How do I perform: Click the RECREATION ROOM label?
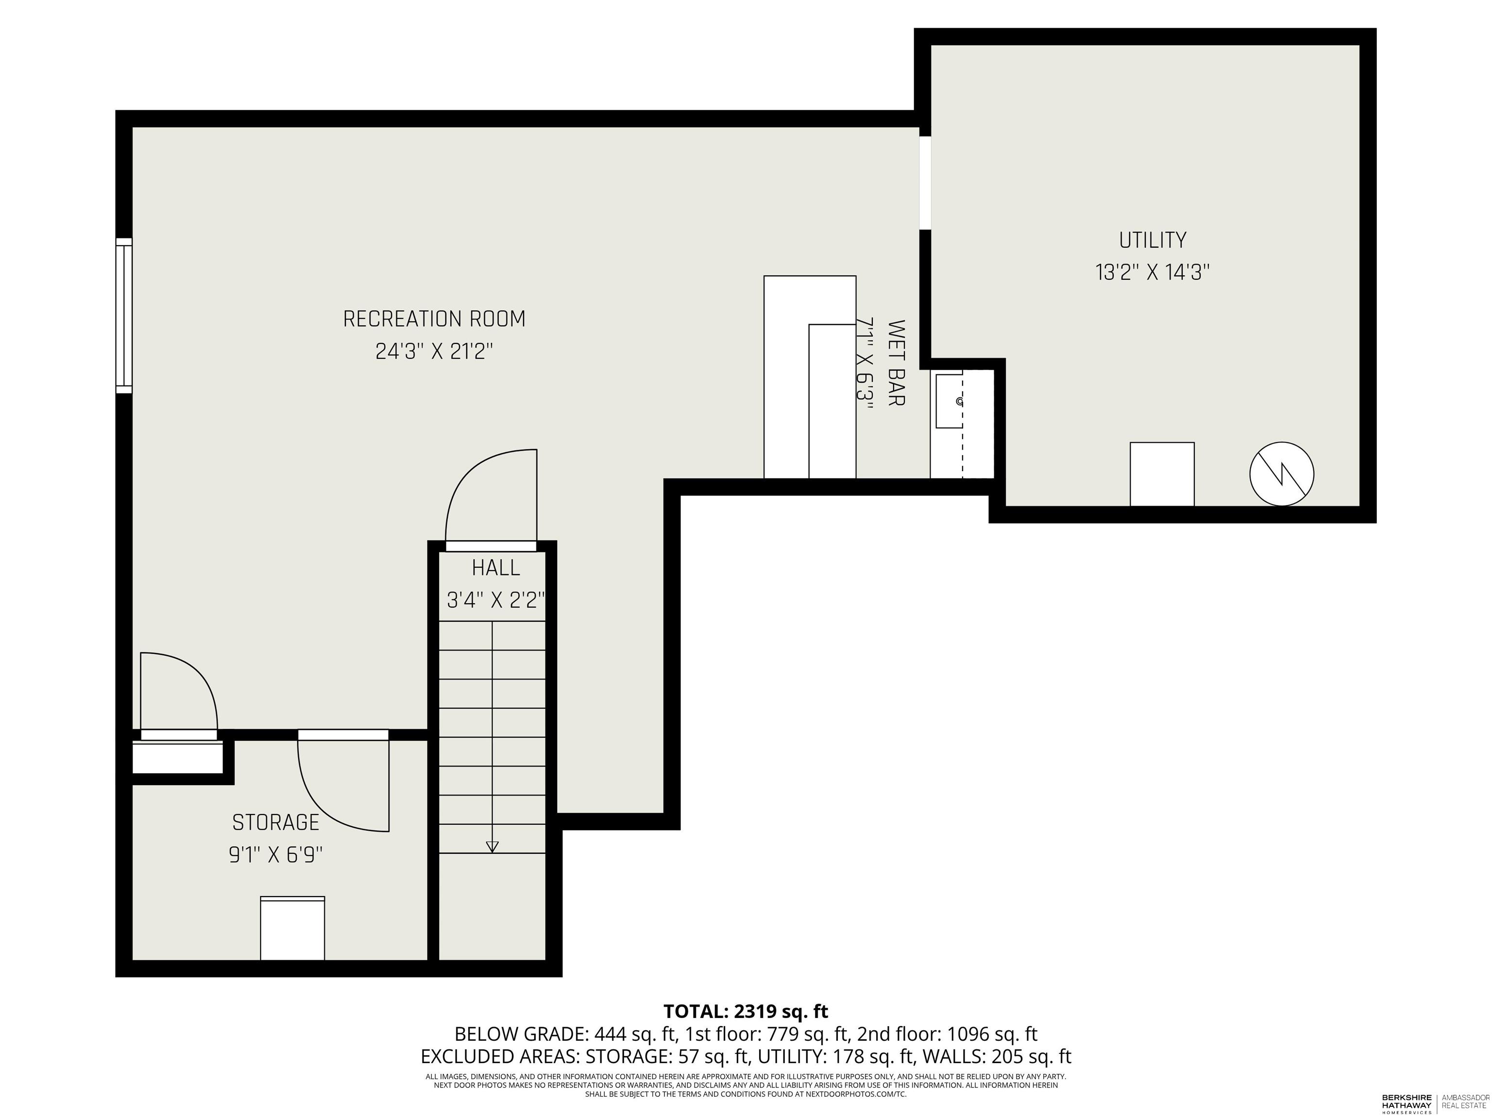434,319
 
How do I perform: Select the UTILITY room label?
1152,240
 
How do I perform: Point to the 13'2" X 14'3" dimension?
1152,272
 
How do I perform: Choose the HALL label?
496,568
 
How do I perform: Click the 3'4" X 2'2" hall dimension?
496,600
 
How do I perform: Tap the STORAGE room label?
275,822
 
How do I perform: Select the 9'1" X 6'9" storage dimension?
276,855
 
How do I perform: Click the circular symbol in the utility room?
1282,474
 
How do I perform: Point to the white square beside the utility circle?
1162,474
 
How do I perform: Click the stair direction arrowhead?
492,847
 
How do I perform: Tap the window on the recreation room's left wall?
124,315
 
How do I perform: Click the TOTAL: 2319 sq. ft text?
746,1012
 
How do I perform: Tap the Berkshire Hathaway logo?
1407,1103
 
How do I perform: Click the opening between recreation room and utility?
925,183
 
